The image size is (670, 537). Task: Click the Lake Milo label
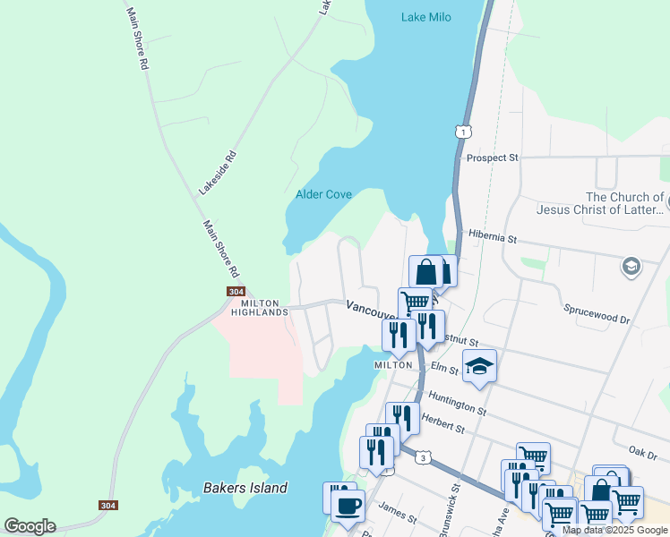[425, 17]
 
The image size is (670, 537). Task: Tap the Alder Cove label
[323, 194]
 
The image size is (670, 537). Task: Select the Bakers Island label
[245, 488]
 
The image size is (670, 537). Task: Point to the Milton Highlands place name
[260, 308]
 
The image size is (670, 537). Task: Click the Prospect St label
[492, 158]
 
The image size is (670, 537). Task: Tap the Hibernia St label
[493, 238]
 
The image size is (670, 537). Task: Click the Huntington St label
[457, 404]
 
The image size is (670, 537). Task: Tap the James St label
[398, 517]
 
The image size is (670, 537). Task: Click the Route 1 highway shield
[462, 131]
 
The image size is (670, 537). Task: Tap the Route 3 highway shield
[422, 458]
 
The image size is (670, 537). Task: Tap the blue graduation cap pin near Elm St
[479, 366]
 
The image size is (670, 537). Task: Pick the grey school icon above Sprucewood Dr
[631, 266]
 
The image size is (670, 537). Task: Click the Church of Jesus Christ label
[625, 203]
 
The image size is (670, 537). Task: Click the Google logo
[30, 525]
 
